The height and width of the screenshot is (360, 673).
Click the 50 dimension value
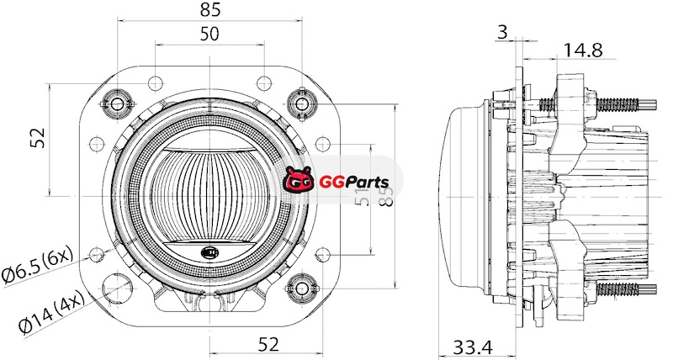point(210,34)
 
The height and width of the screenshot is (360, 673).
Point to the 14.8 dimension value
point(583,50)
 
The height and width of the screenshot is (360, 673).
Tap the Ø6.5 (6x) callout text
point(38,265)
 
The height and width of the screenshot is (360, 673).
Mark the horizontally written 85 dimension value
point(210,10)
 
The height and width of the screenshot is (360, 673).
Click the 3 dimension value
point(502,32)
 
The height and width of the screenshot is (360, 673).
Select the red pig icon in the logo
point(299,180)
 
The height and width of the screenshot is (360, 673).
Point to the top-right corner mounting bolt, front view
point(301,103)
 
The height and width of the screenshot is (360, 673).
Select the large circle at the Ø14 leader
point(118,288)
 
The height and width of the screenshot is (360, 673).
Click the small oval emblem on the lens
point(208,251)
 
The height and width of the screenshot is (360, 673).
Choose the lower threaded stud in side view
point(627,290)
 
